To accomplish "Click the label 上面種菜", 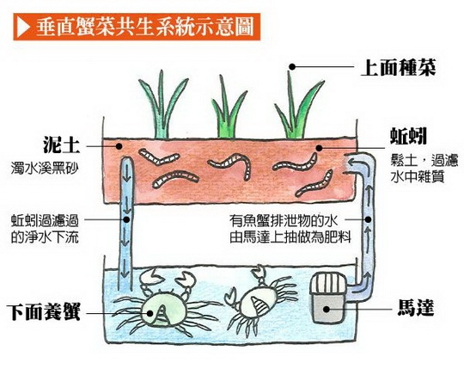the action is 398,68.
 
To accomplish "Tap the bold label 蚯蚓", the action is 408,137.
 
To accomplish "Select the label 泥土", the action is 62,145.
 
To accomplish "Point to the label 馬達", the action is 416,308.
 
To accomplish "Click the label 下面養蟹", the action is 44,312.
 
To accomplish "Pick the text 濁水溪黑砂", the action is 45,169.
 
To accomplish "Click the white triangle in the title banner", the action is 24,27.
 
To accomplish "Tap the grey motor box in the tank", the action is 327,308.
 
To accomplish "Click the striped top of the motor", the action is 327,284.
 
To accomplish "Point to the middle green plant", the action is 228,108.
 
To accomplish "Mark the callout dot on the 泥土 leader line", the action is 119,146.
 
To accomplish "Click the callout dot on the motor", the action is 327,309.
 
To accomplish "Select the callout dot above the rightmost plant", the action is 292,67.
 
